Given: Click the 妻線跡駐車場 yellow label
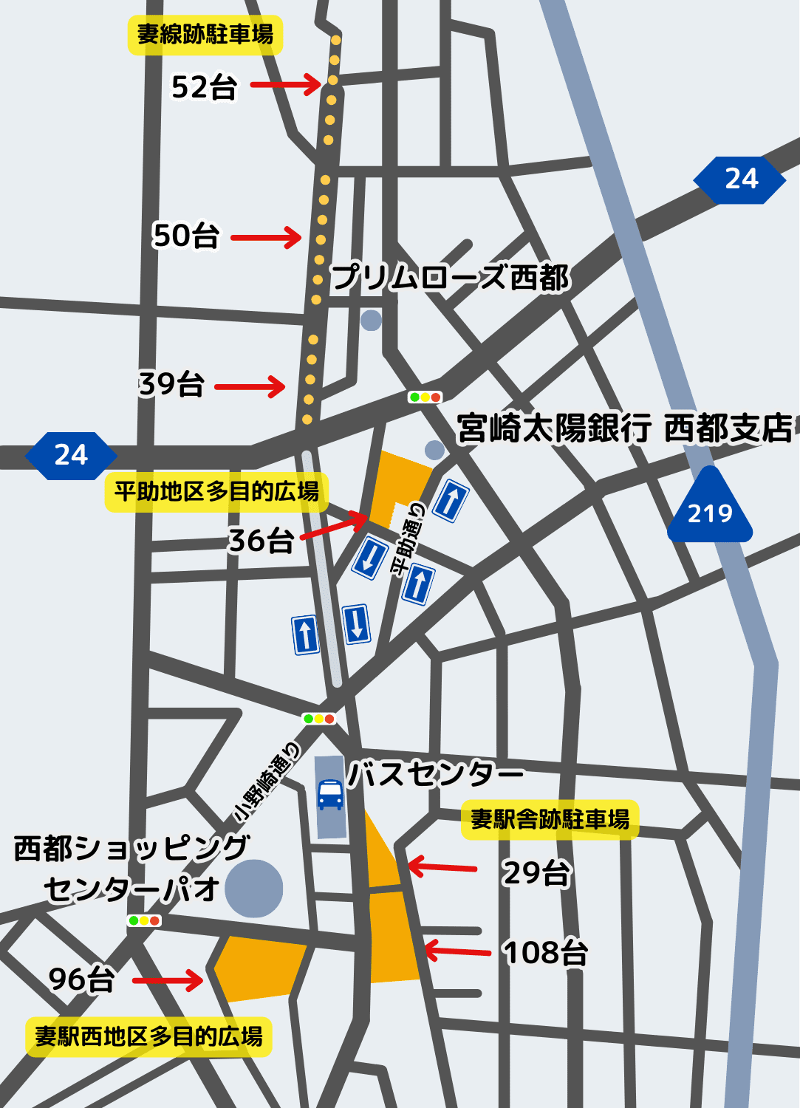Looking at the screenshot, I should (x=205, y=35).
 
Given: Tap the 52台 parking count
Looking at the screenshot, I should (x=204, y=87).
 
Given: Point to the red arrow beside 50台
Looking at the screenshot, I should (x=266, y=238).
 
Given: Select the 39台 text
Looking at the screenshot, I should (x=172, y=384).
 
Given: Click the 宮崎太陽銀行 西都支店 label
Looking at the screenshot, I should (x=624, y=428).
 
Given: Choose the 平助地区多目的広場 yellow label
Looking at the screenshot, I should (x=216, y=491).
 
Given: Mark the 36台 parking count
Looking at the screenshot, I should (x=261, y=541).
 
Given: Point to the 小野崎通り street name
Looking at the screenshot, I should (x=267, y=783).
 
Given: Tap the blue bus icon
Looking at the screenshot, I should (x=330, y=795).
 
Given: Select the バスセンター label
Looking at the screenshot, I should (x=436, y=774).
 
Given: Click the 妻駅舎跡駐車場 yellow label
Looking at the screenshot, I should (x=550, y=819).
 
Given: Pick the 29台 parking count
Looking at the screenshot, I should (x=536, y=873).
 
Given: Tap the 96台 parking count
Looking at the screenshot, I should (x=81, y=980).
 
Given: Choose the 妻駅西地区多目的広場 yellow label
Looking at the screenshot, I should (x=148, y=1036).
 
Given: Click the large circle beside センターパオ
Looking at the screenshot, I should (x=254, y=889).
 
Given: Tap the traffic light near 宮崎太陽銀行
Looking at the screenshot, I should (x=425, y=397).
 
